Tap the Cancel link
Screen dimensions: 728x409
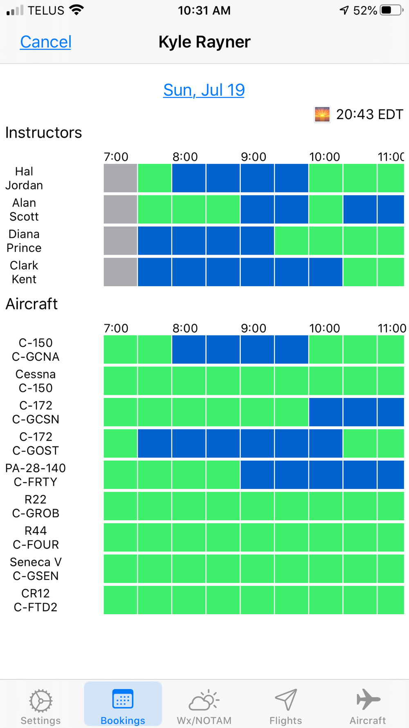pyautogui.click(x=45, y=42)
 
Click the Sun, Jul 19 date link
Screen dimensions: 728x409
pyautogui.click(x=204, y=90)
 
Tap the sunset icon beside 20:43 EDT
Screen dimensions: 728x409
pyautogui.click(x=322, y=114)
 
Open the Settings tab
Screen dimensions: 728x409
pyautogui.click(x=40, y=706)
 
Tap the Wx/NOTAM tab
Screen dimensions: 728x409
pyautogui.click(x=204, y=706)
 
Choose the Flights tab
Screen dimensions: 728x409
pyautogui.click(x=285, y=706)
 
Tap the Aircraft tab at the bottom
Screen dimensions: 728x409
pyautogui.click(x=367, y=706)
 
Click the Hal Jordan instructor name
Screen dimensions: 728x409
pyautogui.click(x=24, y=178)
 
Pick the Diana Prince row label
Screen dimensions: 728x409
pyautogui.click(x=24, y=241)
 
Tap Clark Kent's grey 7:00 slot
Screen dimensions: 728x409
pyautogui.click(x=120, y=272)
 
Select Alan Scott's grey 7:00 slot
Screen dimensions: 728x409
pyautogui.click(x=120, y=209)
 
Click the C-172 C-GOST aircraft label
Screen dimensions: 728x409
pyautogui.click(x=36, y=443)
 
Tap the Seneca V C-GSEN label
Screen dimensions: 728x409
pyautogui.click(x=36, y=569)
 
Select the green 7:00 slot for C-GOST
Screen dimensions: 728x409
pyautogui.click(x=120, y=443)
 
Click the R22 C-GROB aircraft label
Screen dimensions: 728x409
pyautogui.click(x=36, y=506)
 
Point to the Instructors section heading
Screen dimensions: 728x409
pyautogui.click(x=43, y=133)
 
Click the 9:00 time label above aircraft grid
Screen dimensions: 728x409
pyautogui.click(x=253, y=328)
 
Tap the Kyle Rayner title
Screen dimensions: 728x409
pyautogui.click(x=204, y=42)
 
